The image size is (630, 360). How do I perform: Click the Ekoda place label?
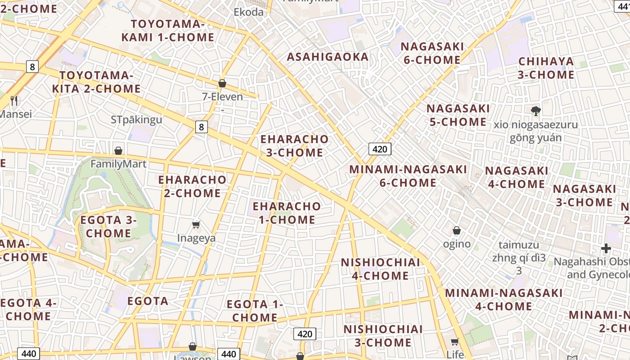click(248, 12)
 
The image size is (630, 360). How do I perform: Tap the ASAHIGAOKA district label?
click(328, 57)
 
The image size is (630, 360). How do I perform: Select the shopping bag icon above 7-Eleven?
click(222, 83)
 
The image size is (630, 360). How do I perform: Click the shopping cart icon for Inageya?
click(196, 224)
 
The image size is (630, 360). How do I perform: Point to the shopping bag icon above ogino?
click(457, 230)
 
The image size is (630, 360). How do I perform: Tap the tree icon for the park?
click(535, 110)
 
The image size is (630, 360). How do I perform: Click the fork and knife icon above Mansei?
click(14, 100)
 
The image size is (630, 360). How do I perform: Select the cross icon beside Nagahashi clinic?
click(606, 248)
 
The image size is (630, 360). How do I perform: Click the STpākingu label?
click(136, 120)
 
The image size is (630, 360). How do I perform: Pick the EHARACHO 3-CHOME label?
click(295, 146)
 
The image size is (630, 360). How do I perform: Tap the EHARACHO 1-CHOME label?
click(287, 213)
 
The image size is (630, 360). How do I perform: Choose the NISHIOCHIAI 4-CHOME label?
click(380, 269)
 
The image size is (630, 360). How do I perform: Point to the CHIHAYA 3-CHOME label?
click(546, 68)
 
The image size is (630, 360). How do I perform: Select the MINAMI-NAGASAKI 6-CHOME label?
click(408, 176)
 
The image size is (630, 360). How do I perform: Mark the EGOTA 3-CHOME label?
click(108, 226)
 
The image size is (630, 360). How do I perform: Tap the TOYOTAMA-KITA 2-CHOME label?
click(96, 82)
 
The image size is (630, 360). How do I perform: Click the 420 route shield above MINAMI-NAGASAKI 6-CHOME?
click(380, 149)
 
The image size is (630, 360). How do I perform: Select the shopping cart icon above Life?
click(455, 342)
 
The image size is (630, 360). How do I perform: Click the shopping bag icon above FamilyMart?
click(118, 150)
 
